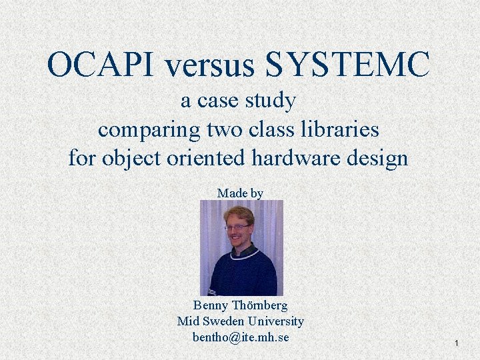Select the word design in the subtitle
tap(379, 159)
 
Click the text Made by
tap(240, 193)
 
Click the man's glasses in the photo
tap(237, 227)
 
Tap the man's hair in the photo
tap(239, 214)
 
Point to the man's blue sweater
tap(240, 273)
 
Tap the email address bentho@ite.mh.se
tap(241, 337)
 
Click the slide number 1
tap(457, 343)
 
